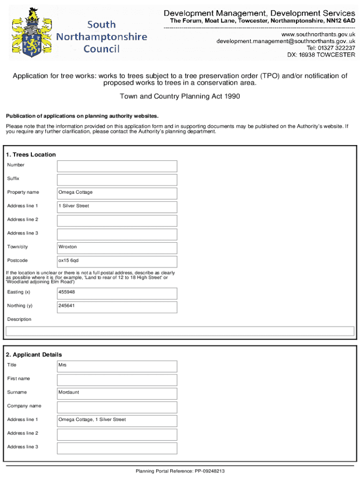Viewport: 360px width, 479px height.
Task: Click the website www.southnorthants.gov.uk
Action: click(317, 35)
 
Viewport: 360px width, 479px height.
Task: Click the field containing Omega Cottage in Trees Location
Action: click(117, 193)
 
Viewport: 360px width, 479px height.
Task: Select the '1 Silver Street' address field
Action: click(117, 206)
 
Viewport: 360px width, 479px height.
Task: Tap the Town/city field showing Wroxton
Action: click(117, 247)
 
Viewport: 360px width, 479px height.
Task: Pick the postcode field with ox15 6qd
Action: click(117, 261)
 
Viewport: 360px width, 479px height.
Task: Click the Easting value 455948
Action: click(117, 293)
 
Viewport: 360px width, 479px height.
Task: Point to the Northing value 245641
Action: click(117, 306)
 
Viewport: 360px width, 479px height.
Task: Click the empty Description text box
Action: click(180, 331)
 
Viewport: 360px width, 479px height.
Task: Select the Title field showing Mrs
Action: click(117, 366)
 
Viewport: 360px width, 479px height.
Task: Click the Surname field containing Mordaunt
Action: click(117, 393)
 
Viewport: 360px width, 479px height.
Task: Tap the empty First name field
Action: click(117, 379)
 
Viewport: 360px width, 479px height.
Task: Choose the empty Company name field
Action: click(117, 406)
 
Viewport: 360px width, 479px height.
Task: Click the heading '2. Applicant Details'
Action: click(34, 355)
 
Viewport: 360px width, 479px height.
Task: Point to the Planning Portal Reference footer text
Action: click(180, 472)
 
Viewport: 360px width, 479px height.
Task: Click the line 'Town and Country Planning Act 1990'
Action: click(180, 97)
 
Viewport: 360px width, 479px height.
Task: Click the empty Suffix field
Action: click(117, 179)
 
